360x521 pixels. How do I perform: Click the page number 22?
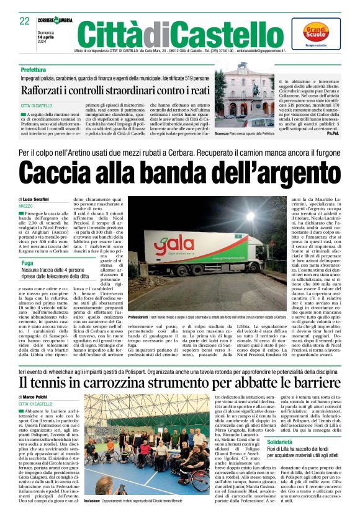click(25, 21)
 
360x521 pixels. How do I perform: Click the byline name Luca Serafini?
click(37, 198)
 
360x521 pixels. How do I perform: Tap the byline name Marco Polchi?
click(37, 396)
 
